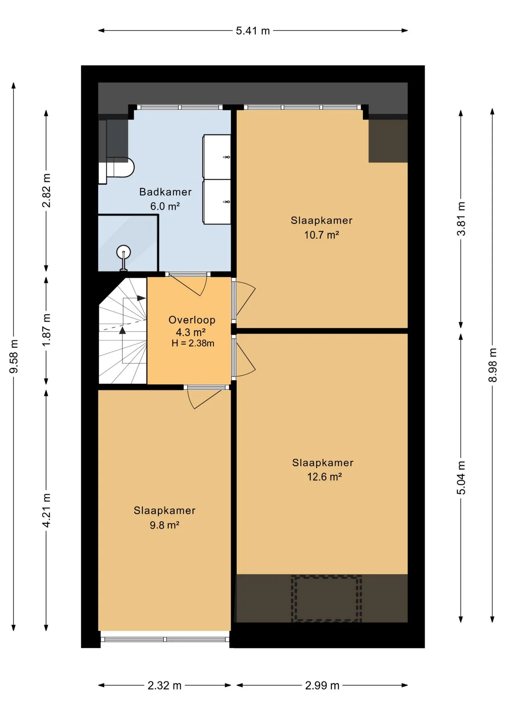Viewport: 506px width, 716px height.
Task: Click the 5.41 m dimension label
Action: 253,31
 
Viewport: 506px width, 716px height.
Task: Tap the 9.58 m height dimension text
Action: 14,356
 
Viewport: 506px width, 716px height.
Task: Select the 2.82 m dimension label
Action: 46,190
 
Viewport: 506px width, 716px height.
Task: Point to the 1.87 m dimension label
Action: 46,330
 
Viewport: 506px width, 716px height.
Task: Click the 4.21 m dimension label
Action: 46,510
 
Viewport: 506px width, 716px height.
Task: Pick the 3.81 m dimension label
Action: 461,219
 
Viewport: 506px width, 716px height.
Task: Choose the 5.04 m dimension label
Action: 461,478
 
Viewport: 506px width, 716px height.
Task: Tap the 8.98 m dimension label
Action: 492,365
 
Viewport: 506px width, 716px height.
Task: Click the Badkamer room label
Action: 165,192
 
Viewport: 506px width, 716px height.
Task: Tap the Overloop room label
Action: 192,320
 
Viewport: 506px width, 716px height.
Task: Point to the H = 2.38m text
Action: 193,343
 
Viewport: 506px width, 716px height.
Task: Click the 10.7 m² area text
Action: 322,235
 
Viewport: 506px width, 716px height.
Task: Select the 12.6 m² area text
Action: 324,477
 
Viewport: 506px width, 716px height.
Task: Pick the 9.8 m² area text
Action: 164,525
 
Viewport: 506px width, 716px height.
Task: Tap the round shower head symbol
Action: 123,252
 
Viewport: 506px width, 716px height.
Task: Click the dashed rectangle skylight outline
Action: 326,598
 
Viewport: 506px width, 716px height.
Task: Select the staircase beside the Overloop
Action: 123,330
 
